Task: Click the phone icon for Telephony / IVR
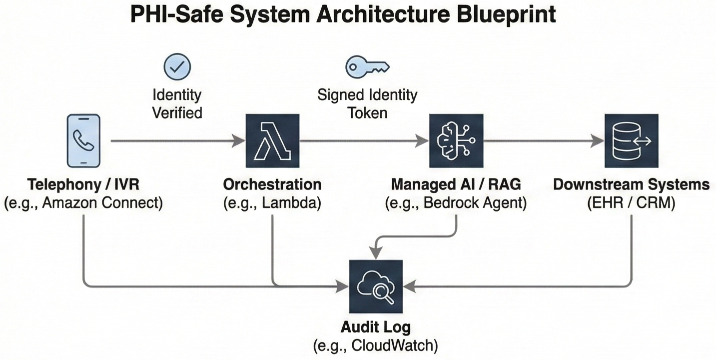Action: point(83,140)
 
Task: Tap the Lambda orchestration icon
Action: point(272,140)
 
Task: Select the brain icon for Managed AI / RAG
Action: point(456,140)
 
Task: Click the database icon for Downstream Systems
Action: point(631,140)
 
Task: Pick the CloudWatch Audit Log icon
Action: point(376,287)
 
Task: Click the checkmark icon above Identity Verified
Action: point(177,67)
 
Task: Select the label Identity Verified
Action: point(177,103)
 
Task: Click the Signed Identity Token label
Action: point(367,103)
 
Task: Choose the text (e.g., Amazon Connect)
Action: point(83,204)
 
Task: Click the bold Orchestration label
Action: point(272,184)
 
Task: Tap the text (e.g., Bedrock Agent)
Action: point(456,204)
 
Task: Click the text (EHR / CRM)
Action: point(631,204)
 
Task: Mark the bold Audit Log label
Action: point(376,327)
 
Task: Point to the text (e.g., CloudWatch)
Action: point(376,345)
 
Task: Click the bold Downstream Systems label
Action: point(631,184)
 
